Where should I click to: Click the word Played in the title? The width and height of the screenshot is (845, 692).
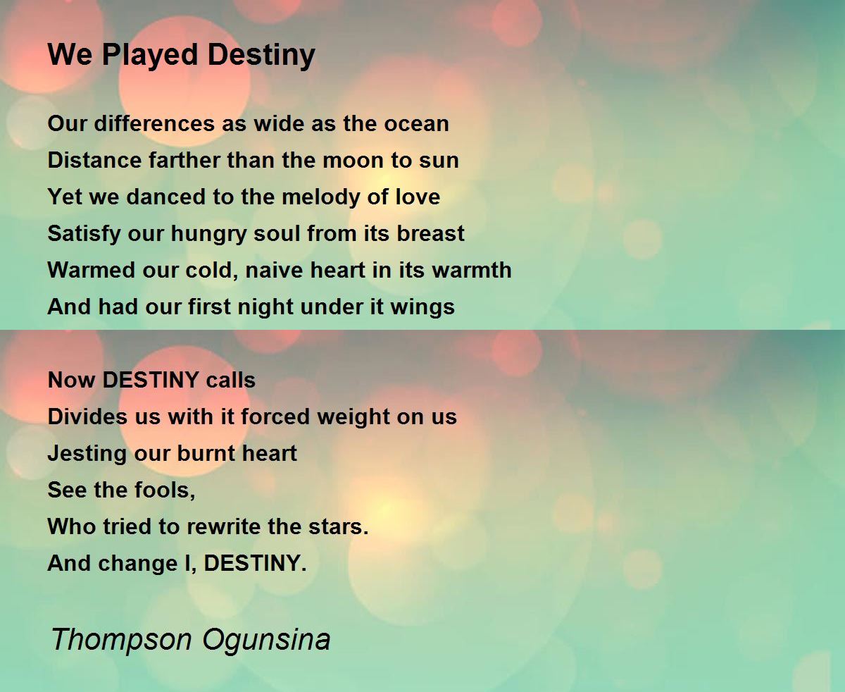pos(150,56)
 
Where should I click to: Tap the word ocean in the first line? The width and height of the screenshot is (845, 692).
pos(416,123)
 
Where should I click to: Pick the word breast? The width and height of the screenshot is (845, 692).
pos(430,233)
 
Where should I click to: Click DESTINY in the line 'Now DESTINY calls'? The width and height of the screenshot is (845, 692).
pos(151,380)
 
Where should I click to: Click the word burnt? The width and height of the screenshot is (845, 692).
pos(205,453)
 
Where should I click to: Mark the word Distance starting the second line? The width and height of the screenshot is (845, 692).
pos(94,161)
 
